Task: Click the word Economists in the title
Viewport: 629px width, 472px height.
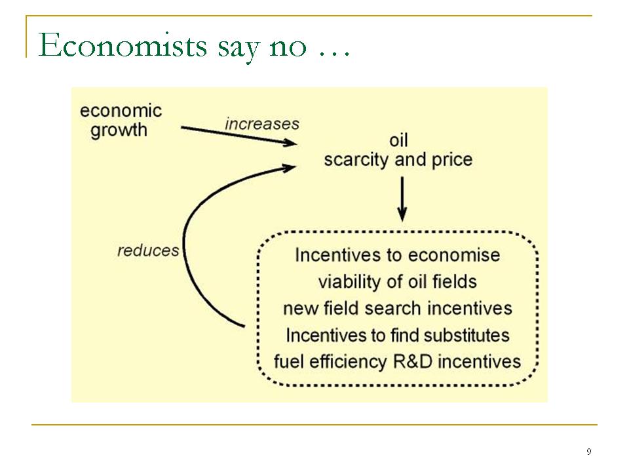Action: click(123, 45)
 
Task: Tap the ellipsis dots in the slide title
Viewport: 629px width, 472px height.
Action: click(334, 54)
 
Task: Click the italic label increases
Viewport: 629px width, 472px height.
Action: click(262, 124)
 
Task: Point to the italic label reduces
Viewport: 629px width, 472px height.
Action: click(148, 250)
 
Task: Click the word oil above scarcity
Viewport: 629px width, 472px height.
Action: click(398, 140)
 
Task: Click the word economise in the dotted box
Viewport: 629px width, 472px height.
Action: click(454, 255)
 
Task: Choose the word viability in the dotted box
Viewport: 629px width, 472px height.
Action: click(350, 282)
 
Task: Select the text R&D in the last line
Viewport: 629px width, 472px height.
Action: click(413, 362)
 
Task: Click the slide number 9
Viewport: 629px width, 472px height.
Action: click(589, 452)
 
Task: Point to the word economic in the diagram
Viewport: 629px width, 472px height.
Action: click(121, 111)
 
